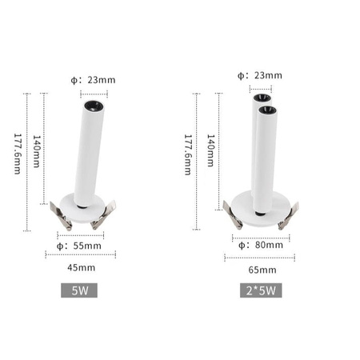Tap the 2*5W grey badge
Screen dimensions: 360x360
(259, 290)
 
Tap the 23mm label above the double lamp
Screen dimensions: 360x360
(260, 75)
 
